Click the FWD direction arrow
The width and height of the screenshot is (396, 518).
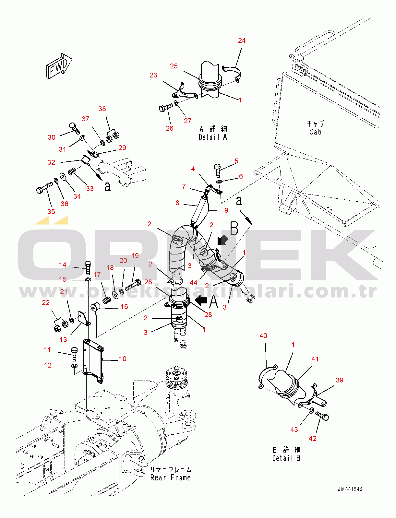pyautogui.click(x=59, y=66)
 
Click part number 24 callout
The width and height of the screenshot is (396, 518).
pyautogui.click(x=242, y=41)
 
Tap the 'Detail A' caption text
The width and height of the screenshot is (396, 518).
pyautogui.click(x=213, y=137)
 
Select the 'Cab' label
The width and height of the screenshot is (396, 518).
pyautogui.click(x=315, y=132)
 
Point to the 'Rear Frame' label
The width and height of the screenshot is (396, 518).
pyautogui.click(x=171, y=477)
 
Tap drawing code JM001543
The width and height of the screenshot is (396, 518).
pyautogui.click(x=350, y=489)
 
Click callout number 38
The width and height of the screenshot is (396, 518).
pyautogui.click(x=102, y=109)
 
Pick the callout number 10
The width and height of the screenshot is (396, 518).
pyautogui.click(x=123, y=359)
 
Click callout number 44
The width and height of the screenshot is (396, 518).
pyautogui.click(x=194, y=283)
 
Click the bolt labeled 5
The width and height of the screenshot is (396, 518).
pyautogui.click(x=218, y=170)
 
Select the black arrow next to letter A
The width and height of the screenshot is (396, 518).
pyautogui.click(x=201, y=300)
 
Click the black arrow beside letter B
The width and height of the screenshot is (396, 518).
pyautogui.click(x=222, y=240)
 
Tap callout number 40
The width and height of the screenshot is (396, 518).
pyautogui.click(x=263, y=336)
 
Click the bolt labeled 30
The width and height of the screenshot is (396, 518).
pyautogui.click(x=74, y=128)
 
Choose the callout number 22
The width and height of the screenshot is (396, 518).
pyautogui.click(x=46, y=303)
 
